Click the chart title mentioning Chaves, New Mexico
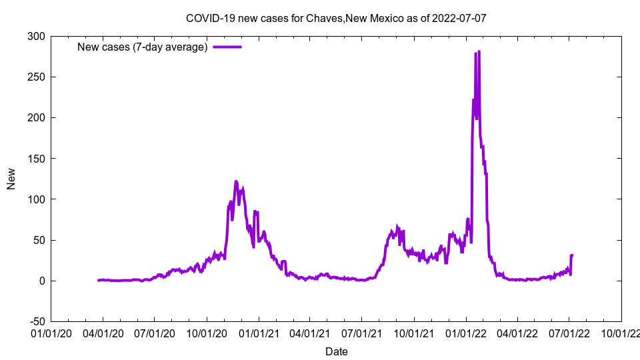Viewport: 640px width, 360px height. pos(336,18)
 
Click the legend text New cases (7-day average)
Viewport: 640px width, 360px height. pos(142,47)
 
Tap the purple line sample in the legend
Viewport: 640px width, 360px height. pos(227,47)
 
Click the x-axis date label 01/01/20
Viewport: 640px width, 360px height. pos(51,333)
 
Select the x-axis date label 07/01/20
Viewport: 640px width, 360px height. pos(155,333)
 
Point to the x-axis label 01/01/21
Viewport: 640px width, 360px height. pos(259,333)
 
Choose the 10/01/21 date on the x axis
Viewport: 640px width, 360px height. pos(414,333)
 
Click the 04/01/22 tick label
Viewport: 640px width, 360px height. pos(517,333)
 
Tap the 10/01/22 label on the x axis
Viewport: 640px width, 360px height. pos(621,333)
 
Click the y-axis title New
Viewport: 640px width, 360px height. pos(11,179)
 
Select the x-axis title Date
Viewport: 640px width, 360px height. pos(336,351)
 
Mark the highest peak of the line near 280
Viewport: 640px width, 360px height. pos(479,52)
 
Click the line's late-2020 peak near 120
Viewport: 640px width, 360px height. pos(236,181)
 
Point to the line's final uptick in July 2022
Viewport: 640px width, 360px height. pos(571,256)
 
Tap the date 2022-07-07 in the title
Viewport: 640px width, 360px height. pos(459,18)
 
